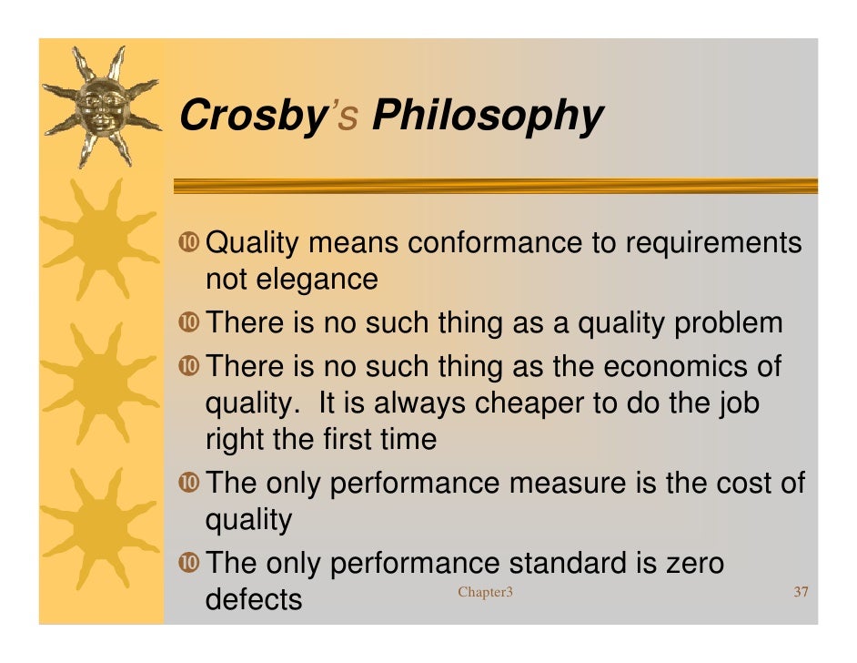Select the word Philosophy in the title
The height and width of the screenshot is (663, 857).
(488, 117)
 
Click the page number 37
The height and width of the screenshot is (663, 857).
(801, 594)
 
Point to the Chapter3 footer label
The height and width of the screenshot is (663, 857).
(485, 594)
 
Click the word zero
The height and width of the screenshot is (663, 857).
(690, 563)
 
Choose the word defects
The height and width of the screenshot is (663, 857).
(254, 599)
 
